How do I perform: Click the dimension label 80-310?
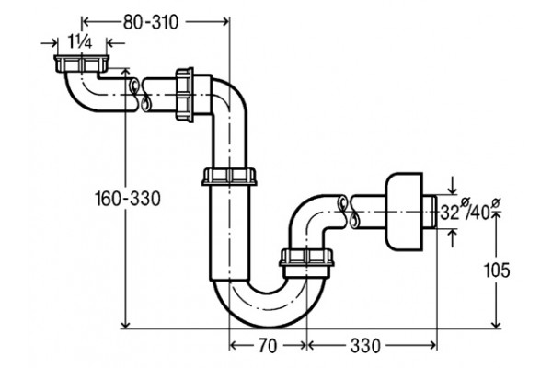(151, 22)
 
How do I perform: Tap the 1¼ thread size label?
(80, 42)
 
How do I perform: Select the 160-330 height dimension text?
(128, 199)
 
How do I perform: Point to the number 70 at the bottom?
(268, 346)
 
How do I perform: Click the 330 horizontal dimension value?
(365, 346)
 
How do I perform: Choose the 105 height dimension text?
(497, 270)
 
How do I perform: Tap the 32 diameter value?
(450, 213)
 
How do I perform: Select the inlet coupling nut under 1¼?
(82, 63)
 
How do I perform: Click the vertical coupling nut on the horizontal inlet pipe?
(185, 95)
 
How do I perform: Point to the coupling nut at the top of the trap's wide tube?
(229, 177)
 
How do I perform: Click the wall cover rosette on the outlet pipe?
(404, 212)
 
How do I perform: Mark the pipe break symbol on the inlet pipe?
(140, 95)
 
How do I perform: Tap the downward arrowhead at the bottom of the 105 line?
(496, 324)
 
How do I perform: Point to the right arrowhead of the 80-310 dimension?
(224, 22)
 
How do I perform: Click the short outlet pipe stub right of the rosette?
(430, 212)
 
